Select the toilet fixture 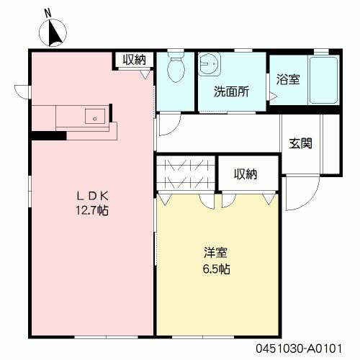click(x=175, y=70)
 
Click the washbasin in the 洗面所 click(x=210, y=66)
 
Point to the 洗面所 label click(x=232, y=91)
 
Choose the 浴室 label click(x=288, y=79)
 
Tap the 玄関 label click(x=301, y=143)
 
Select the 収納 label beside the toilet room click(x=134, y=60)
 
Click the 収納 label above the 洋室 click(x=246, y=174)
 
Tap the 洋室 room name click(x=216, y=253)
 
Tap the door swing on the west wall click(x=22, y=91)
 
